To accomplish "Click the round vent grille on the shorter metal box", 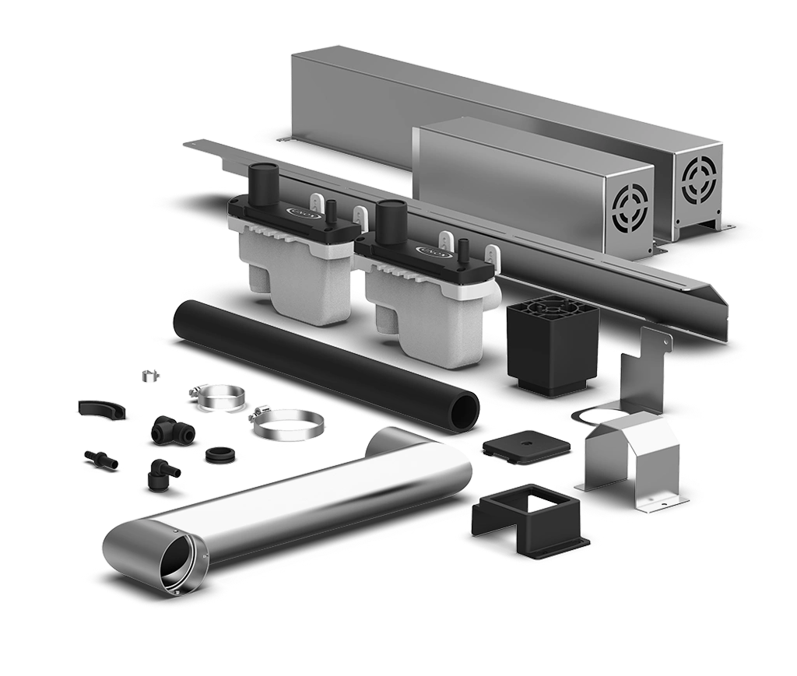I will pyautogui.click(x=630, y=211).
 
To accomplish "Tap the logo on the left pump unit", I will pyautogui.click(x=300, y=210).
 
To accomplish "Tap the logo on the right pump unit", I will pyautogui.click(x=430, y=251).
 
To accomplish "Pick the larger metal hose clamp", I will pyautogui.click(x=286, y=424).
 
